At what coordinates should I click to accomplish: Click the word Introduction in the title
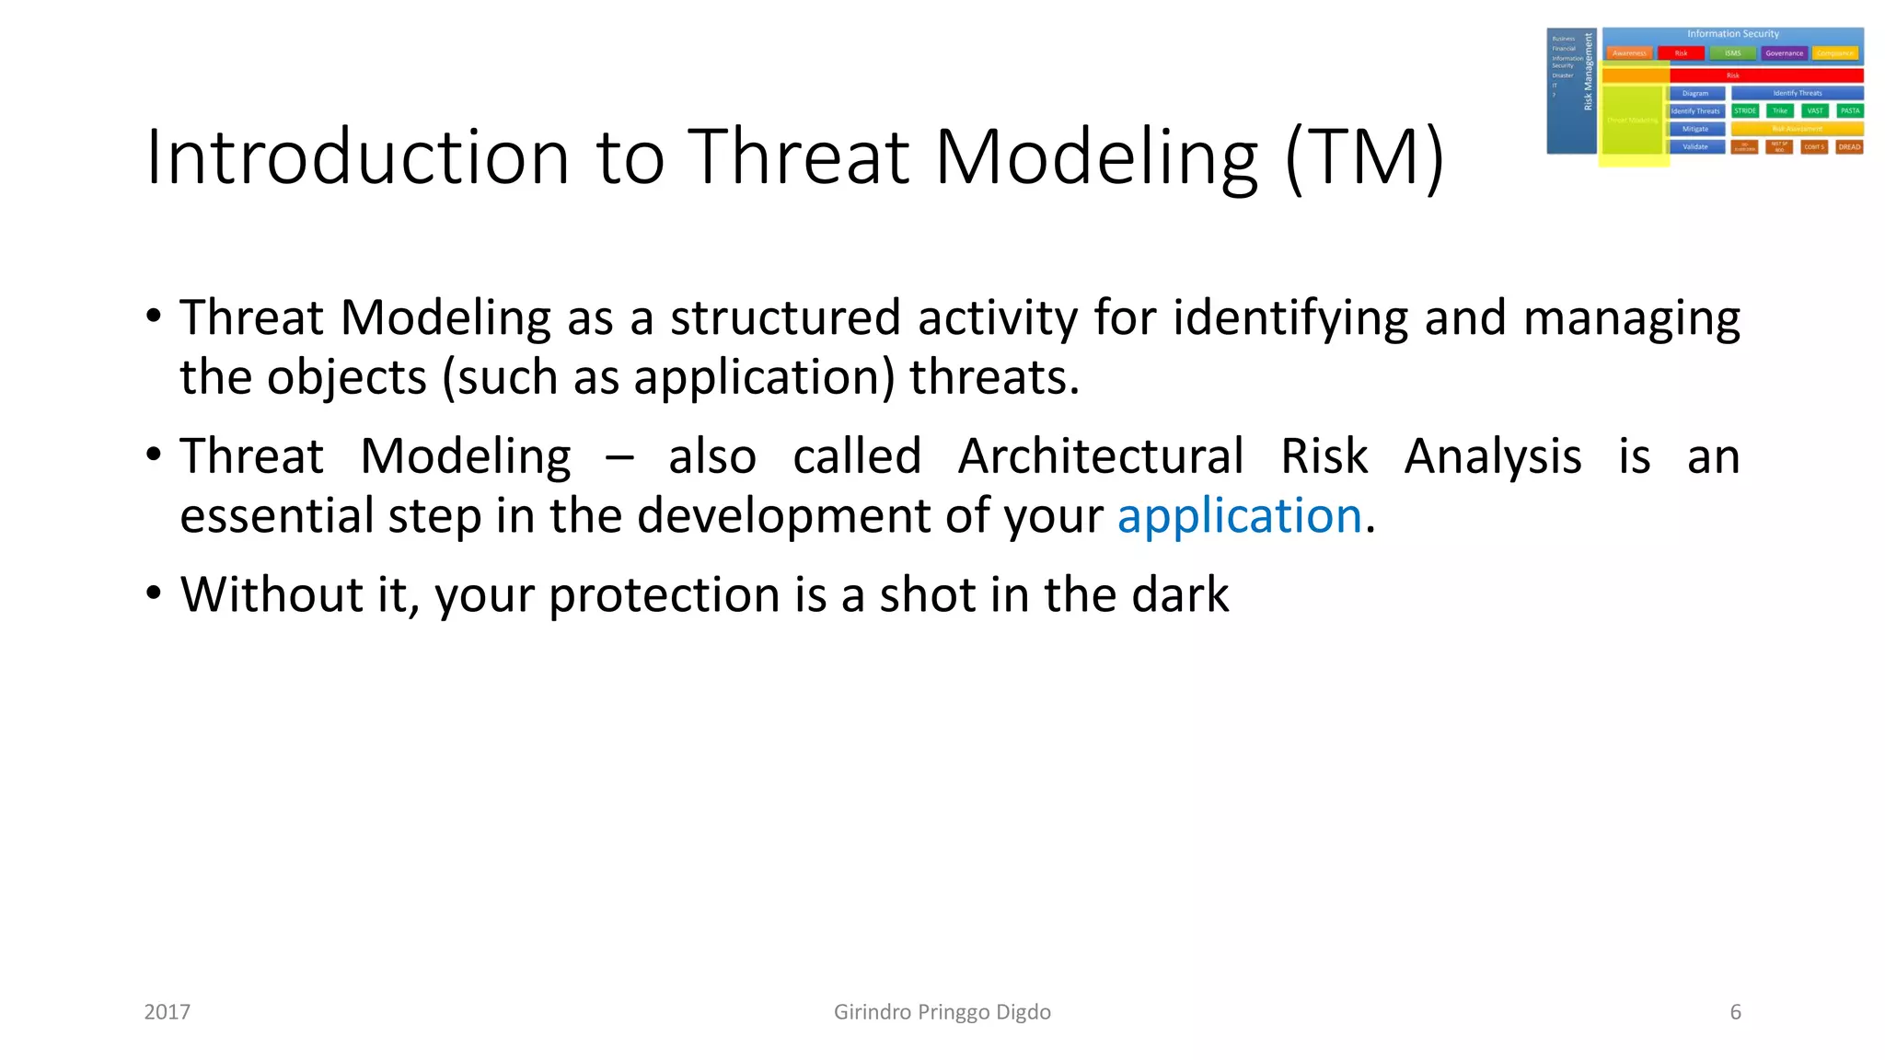[357, 156]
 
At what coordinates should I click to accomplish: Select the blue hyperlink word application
[1239, 515]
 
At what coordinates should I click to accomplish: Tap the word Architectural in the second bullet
[1100, 456]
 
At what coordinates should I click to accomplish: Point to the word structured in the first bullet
[784, 317]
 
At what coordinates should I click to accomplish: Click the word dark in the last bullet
[1180, 594]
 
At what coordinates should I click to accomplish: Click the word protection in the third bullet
[664, 594]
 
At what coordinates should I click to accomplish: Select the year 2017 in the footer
[168, 1012]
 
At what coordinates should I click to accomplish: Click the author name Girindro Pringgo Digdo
[942, 1012]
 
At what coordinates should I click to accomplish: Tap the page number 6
[1735, 1012]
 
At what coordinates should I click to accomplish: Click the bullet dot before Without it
[154, 593]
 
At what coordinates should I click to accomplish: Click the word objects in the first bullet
[347, 377]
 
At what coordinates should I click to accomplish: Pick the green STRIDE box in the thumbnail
[1744, 110]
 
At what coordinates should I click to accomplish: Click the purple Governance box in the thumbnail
[1784, 53]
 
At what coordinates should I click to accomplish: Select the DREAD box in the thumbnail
[1849, 147]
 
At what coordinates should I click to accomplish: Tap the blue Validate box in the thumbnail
[1695, 147]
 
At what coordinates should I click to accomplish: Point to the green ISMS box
[1732, 53]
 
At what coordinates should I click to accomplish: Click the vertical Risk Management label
[1588, 72]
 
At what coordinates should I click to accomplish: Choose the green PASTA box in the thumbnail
[1849, 110]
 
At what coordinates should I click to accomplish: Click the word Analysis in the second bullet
[1492, 456]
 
